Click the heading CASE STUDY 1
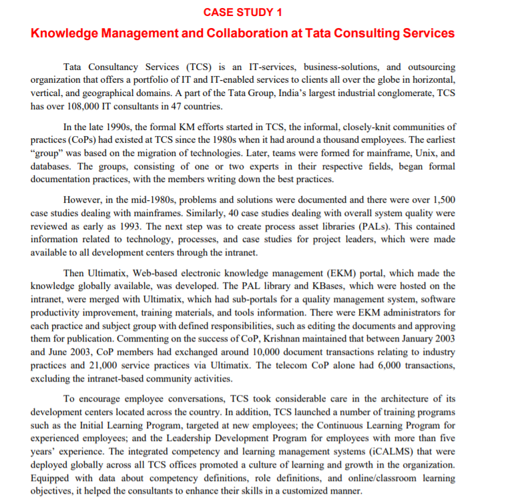(x=243, y=12)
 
